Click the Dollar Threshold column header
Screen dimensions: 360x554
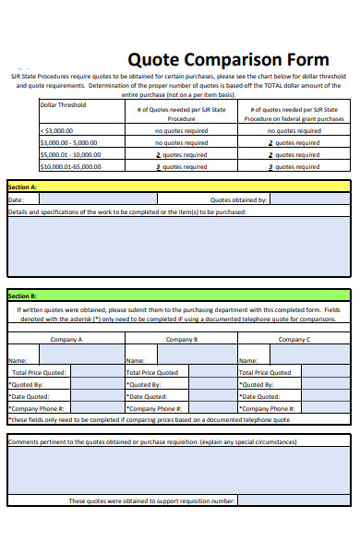(63, 105)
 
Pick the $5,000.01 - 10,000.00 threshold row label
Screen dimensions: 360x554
(68, 154)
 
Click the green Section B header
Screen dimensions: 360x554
(179, 295)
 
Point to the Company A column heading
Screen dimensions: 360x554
(66, 339)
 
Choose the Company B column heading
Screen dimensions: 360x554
(181, 339)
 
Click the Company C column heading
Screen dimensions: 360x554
(294, 339)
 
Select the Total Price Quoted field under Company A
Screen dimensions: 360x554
(95, 372)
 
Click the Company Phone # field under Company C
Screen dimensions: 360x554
(327, 407)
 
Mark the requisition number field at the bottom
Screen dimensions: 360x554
(294, 500)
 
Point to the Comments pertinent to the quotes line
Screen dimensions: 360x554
(152, 442)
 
